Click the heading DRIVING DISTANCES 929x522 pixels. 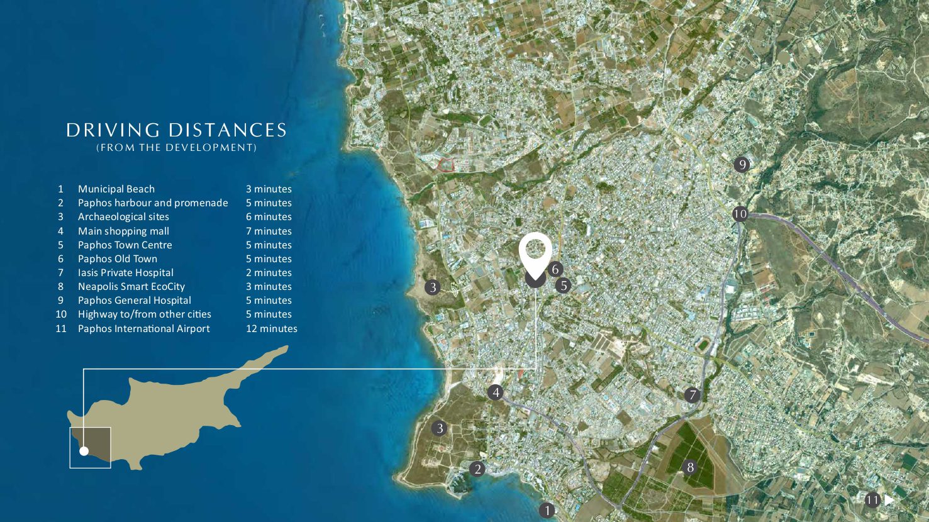(176, 130)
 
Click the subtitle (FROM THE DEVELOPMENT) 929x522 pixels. (176, 148)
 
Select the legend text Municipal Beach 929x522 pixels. (116, 189)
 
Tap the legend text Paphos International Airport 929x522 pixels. (143, 328)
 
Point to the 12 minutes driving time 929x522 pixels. (271, 328)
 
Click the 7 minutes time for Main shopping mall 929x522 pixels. (269, 231)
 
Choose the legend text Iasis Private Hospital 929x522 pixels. (125, 272)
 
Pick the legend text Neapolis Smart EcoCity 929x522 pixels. (131, 286)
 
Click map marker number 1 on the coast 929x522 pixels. (547, 510)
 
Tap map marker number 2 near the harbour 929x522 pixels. (477, 469)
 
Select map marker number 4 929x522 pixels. (496, 392)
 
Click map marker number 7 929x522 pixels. (692, 395)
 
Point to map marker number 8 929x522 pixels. (690, 467)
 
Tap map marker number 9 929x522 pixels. (742, 165)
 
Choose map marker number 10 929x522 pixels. (740, 214)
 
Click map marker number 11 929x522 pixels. (872, 501)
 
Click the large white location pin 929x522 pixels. (535, 252)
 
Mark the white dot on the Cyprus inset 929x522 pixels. (84, 450)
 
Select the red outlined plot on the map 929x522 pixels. (446, 165)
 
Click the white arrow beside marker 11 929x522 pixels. (889, 500)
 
